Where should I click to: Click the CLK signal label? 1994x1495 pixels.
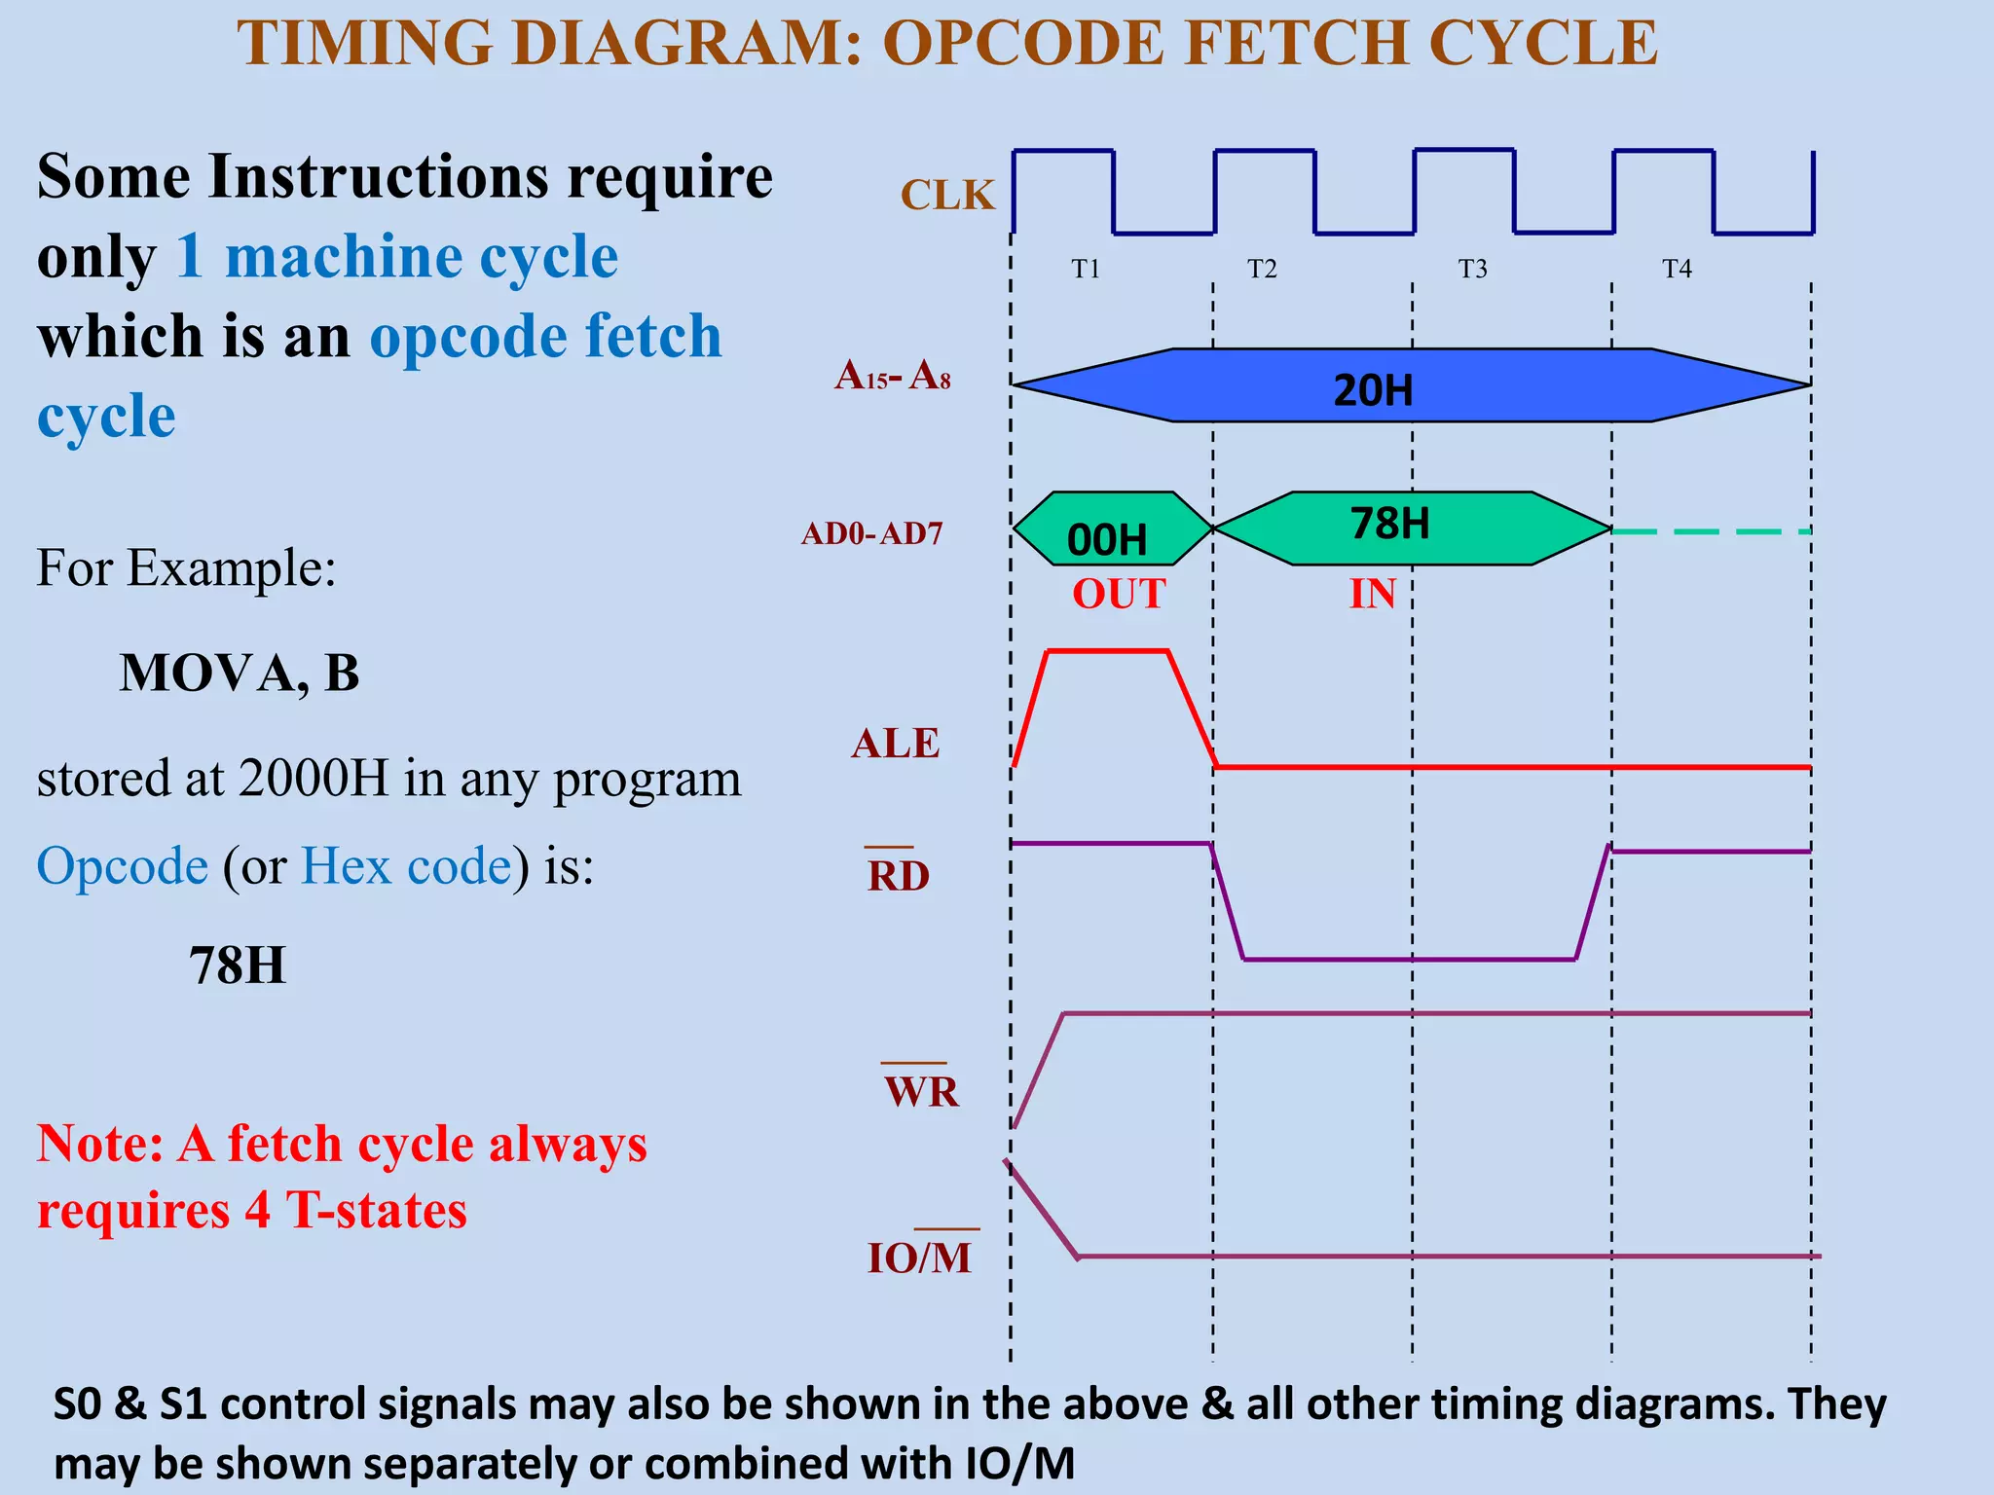point(946,195)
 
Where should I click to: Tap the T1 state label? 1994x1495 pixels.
point(1086,269)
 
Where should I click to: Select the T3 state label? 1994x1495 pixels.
point(1472,269)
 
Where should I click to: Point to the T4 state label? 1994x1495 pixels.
point(1677,269)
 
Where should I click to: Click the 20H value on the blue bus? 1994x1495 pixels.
point(1373,390)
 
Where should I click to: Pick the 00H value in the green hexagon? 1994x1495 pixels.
point(1107,540)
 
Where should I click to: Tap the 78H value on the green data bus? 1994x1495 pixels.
point(1389,524)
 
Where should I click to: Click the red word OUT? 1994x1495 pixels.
point(1119,594)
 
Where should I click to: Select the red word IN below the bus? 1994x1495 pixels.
point(1372,594)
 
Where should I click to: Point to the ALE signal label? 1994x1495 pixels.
point(895,744)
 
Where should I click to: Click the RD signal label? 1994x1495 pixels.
point(898,875)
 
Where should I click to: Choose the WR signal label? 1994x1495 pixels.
point(921,1090)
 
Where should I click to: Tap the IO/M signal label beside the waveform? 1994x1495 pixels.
point(920,1258)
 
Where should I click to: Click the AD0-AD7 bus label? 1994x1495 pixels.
point(871,533)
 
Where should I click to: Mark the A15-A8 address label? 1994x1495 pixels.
point(892,376)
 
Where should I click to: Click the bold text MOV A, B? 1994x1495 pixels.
point(239,673)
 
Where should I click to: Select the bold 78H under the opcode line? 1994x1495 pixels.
point(238,966)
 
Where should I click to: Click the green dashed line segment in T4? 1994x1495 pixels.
point(1711,531)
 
